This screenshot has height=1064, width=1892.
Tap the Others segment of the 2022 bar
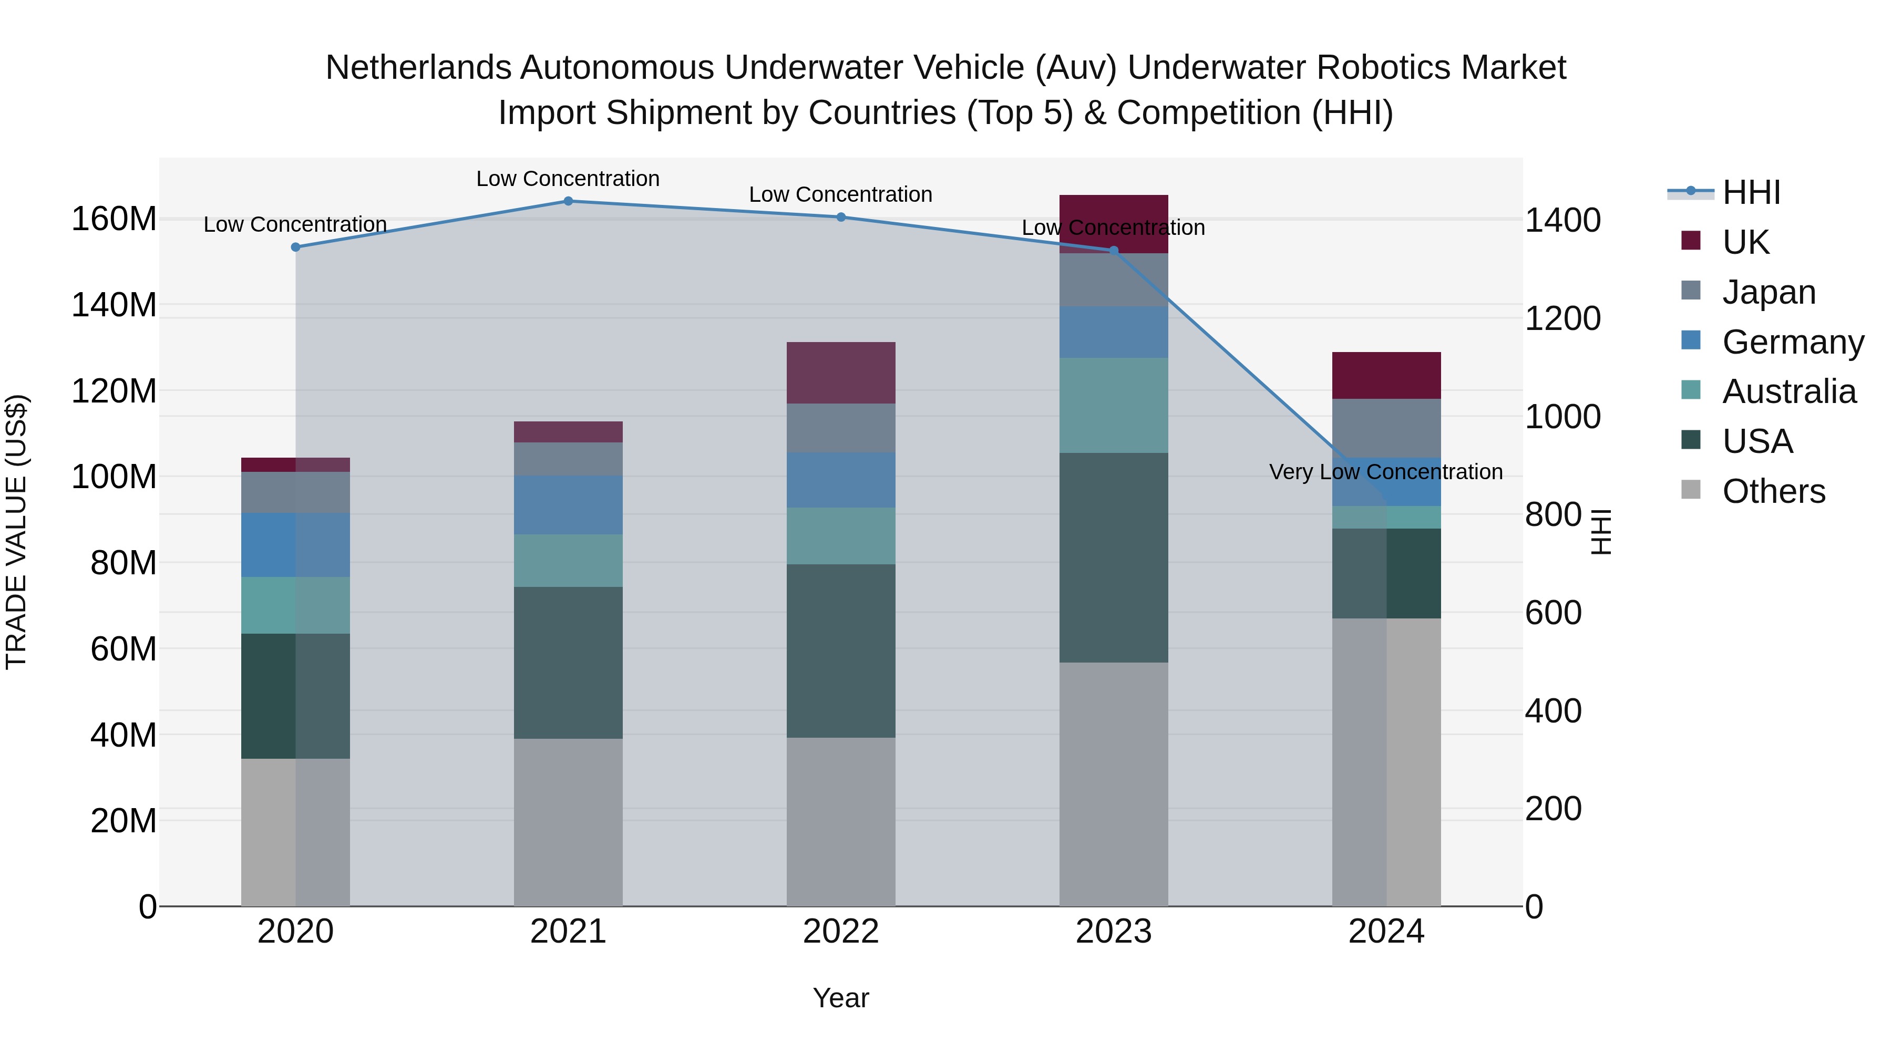coord(841,822)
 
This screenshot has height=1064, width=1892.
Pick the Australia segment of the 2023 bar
coord(1114,405)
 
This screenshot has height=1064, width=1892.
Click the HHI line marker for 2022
coord(841,218)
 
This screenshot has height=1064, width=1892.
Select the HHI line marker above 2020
coord(295,247)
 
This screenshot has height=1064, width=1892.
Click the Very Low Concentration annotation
coord(1385,472)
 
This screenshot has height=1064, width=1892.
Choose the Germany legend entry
coord(1792,342)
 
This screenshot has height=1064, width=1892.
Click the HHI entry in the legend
coord(1751,192)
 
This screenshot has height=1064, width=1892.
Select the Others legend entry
coord(1773,491)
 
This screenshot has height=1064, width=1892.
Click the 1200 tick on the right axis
coord(1563,319)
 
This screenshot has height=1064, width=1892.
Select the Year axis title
coord(841,998)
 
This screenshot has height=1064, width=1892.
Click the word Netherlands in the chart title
coord(418,68)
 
